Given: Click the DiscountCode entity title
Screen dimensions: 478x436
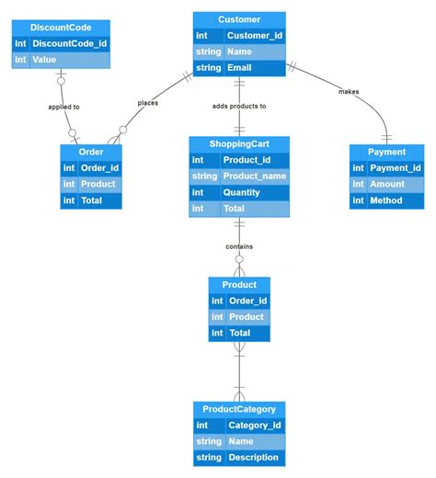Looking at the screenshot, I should (x=60, y=28).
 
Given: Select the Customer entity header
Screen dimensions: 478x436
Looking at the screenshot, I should (x=239, y=19).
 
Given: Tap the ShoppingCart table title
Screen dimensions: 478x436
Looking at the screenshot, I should (x=239, y=143).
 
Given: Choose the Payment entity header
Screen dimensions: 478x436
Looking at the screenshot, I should (x=386, y=152).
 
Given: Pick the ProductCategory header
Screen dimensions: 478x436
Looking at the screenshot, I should (x=239, y=409).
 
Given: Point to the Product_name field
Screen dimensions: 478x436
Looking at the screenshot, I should (x=253, y=176).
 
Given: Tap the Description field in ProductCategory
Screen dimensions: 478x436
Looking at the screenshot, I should (x=253, y=458).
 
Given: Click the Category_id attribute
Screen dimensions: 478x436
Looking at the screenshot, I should (x=254, y=425).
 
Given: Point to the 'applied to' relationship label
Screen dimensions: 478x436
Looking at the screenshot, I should (x=63, y=108).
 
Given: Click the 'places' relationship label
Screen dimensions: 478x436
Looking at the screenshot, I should (x=148, y=103).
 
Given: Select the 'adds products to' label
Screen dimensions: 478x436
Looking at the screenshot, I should (x=239, y=106).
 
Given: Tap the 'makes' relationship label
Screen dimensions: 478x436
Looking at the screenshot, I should (x=349, y=91).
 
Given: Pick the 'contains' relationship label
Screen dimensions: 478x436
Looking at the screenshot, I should (x=239, y=246).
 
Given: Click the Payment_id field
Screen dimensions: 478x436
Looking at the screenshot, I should (x=395, y=167).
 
